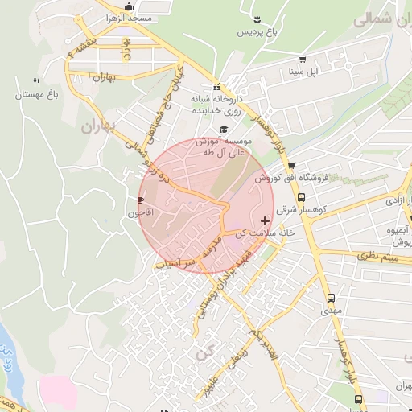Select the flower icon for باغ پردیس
[x=256, y=19]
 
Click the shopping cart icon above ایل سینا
[x=303, y=60]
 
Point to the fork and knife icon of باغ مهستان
[x=36, y=82]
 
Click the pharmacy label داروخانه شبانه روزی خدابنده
[x=216, y=103]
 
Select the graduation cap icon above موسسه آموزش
[x=223, y=129]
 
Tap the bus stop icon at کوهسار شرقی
[x=301, y=196]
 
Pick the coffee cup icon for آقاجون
[x=142, y=200]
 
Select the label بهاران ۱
[x=100, y=76]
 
